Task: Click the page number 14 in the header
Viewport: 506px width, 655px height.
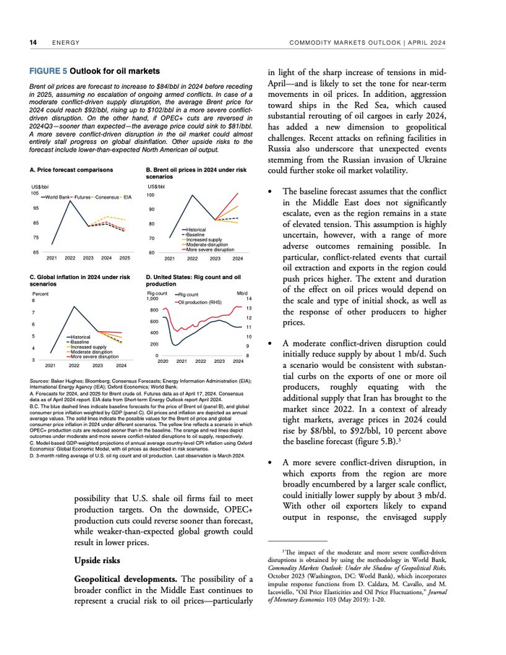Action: tap(33, 43)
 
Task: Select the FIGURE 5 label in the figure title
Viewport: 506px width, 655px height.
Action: tap(48, 72)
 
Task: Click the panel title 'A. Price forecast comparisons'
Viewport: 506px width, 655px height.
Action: tap(72, 169)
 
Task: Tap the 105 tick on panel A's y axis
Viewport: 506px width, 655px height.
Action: tap(35, 192)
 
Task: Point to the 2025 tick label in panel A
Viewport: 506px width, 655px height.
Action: tap(124, 258)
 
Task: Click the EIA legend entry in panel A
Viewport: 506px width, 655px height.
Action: tap(128, 197)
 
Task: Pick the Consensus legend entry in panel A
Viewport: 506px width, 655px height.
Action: tap(108, 197)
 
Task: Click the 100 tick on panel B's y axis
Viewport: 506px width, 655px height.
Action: tap(150, 195)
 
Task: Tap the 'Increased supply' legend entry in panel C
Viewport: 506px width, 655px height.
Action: tap(89, 347)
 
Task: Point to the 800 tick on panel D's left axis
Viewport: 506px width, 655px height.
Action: tap(154, 309)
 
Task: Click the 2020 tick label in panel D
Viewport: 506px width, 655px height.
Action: tap(163, 361)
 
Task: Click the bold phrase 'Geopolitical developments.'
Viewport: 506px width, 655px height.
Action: tap(118, 581)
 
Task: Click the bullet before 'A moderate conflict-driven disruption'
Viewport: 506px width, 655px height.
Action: tap(270, 343)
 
